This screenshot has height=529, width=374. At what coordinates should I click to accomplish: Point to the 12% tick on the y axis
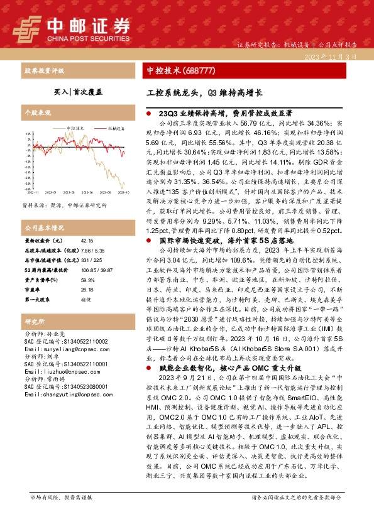click(x=28, y=134)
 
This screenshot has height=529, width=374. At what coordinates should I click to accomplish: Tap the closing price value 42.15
click(x=88, y=241)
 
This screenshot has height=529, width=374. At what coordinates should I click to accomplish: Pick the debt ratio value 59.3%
click(x=87, y=281)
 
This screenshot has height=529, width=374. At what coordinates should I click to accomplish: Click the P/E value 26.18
click(x=87, y=290)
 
